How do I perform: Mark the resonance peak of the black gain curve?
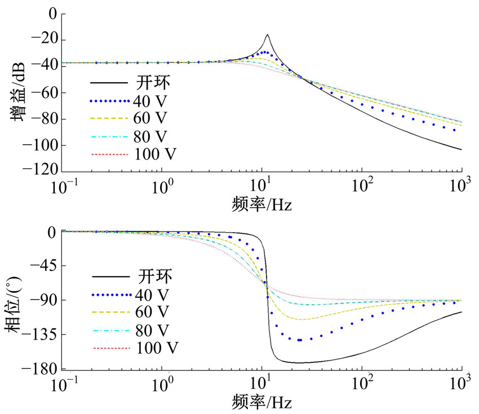point(267,35)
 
